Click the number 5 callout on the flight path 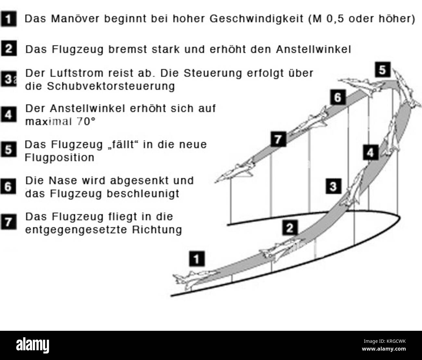tap(383, 70)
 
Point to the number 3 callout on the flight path tap(333, 186)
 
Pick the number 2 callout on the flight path tap(289, 228)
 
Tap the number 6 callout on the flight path tap(338, 97)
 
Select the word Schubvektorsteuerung tap(111, 86)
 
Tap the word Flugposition tap(59, 157)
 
